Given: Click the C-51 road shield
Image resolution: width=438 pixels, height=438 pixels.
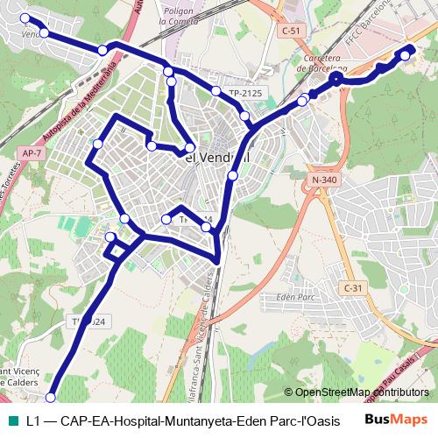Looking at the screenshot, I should pyautogui.click(x=291, y=31).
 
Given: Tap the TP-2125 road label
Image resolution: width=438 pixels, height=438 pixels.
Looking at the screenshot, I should pyautogui.click(x=246, y=92).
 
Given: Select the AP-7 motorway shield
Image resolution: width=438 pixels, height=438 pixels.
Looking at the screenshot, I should pyautogui.click(x=30, y=152).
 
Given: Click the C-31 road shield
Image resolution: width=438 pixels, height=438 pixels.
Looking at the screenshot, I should pyautogui.click(x=352, y=287).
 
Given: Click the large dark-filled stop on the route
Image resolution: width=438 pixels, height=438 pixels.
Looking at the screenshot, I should pyautogui.click(x=336, y=80).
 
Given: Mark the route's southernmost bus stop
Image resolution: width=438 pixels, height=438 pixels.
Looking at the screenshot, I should pyautogui.click(x=50, y=396).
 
